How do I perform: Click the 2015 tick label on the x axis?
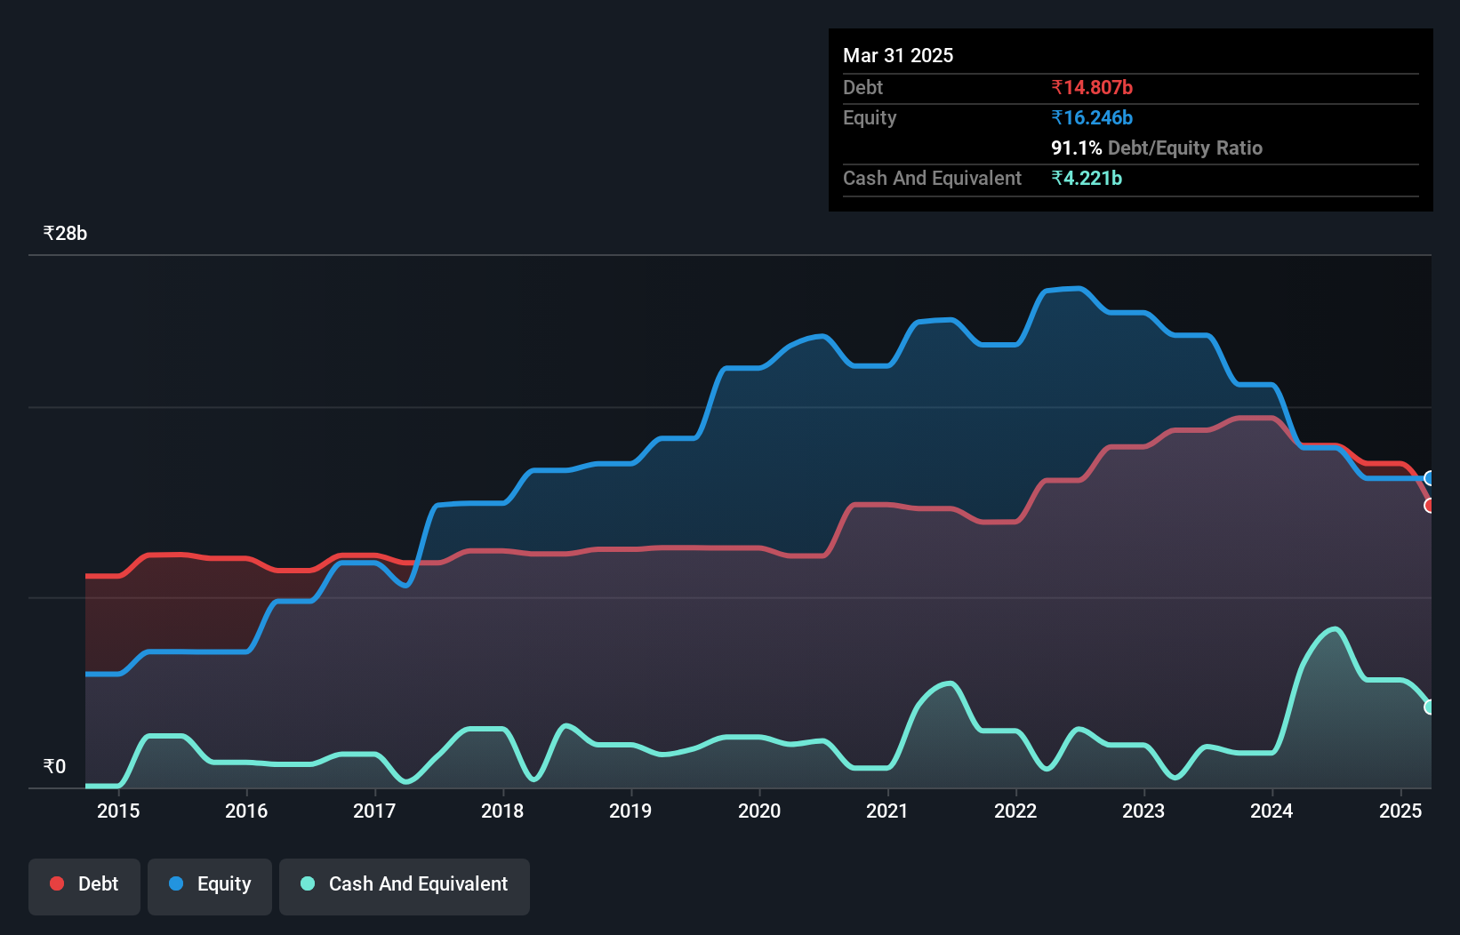click(118, 811)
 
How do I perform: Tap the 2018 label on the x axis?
click(502, 811)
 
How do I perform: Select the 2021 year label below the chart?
click(887, 811)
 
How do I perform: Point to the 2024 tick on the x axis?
click(1271, 811)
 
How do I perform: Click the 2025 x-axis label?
click(1400, 811)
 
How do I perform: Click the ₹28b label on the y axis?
click(65, 234)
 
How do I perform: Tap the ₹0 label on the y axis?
click(54, 766)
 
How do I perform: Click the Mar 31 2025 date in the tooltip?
click(898, 55)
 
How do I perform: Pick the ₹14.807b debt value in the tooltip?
click(1092, 87)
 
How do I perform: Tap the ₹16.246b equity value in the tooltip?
click(1092, 117)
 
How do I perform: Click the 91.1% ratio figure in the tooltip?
click(1076, 148)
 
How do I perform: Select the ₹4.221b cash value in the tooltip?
click(1087, 178)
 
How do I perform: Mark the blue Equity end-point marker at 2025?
click(1430, 478)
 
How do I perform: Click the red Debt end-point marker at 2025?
click(1430, 506)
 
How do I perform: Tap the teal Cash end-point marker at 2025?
click(1430, 707)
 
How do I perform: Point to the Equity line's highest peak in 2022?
click(1079, 288)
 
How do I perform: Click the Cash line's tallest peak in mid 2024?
click(1335, 629)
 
